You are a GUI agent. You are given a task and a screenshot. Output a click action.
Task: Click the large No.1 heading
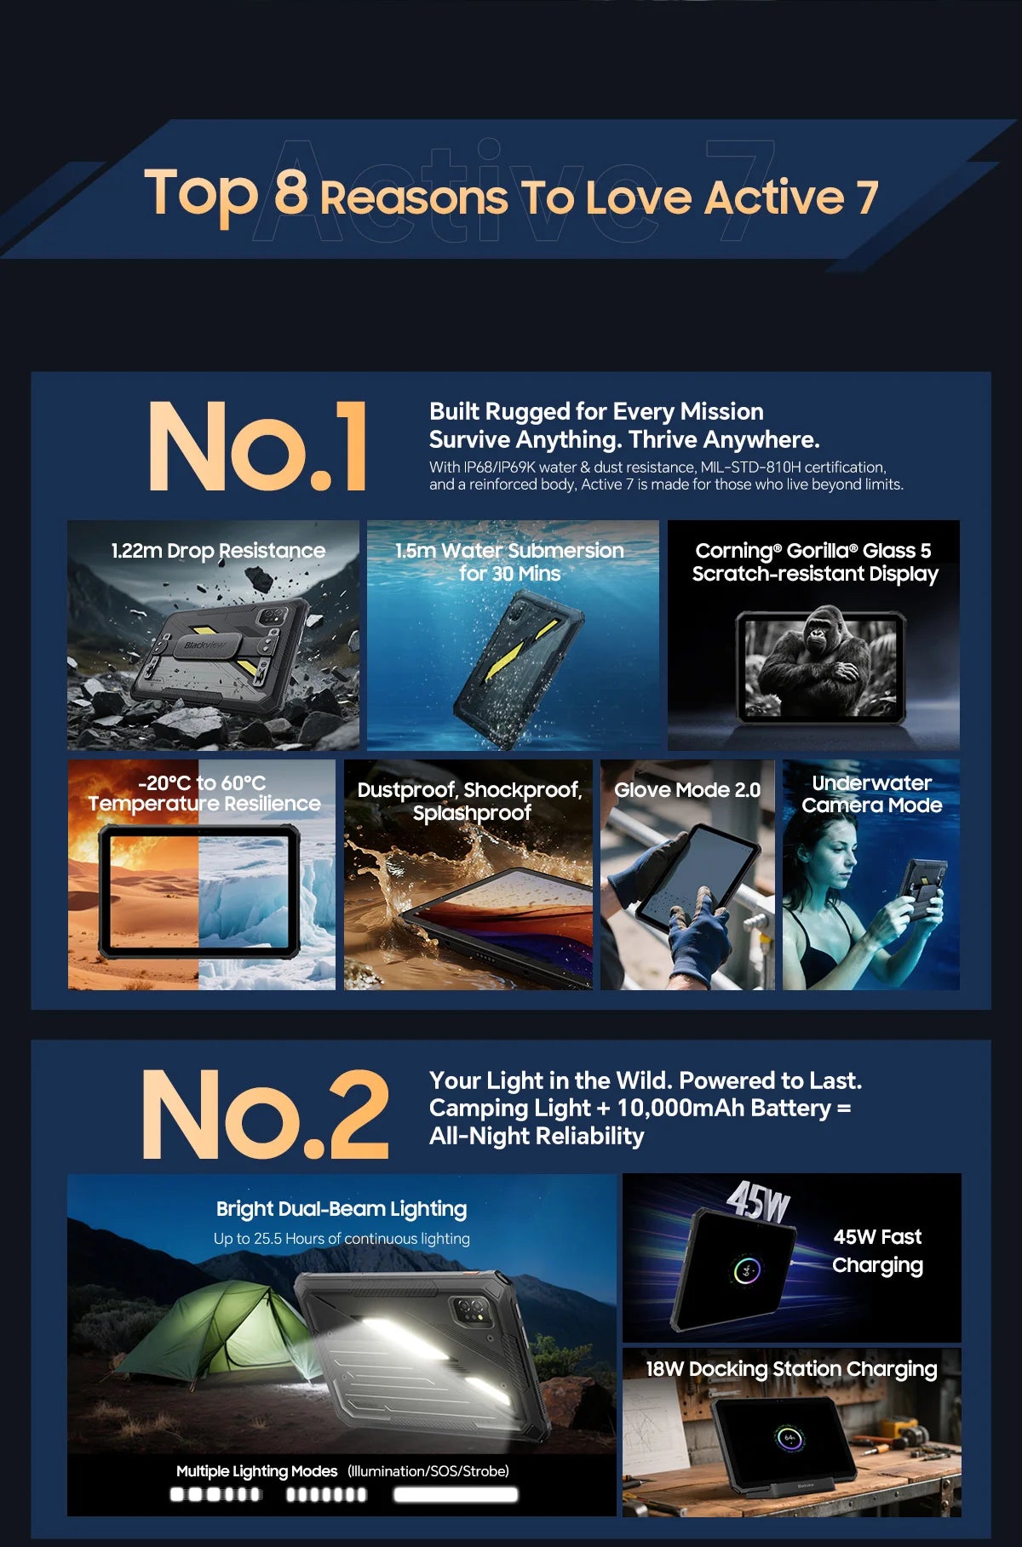coord(258,446)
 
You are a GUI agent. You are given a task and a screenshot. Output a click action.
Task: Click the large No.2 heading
coord(265,1114)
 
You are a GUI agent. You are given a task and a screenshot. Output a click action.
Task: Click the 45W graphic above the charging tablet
coord(758,1201)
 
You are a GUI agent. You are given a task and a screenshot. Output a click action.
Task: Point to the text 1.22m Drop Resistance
coord(218,551)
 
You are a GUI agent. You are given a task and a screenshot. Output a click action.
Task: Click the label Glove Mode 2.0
coord(687,790)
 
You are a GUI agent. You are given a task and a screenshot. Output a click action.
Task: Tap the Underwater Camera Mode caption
coord(871,794)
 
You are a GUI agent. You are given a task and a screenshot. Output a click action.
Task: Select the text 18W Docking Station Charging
coord(791,1369)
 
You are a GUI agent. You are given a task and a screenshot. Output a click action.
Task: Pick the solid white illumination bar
coord(456,1494)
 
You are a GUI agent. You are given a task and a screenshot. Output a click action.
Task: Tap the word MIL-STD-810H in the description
coord(750,467)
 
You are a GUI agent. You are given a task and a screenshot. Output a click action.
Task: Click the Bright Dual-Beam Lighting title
coord(342,1209)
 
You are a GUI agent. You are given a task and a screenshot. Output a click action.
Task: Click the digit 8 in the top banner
coord(290,192)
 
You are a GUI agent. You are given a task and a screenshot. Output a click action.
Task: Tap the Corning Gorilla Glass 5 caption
coord(814,562)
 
